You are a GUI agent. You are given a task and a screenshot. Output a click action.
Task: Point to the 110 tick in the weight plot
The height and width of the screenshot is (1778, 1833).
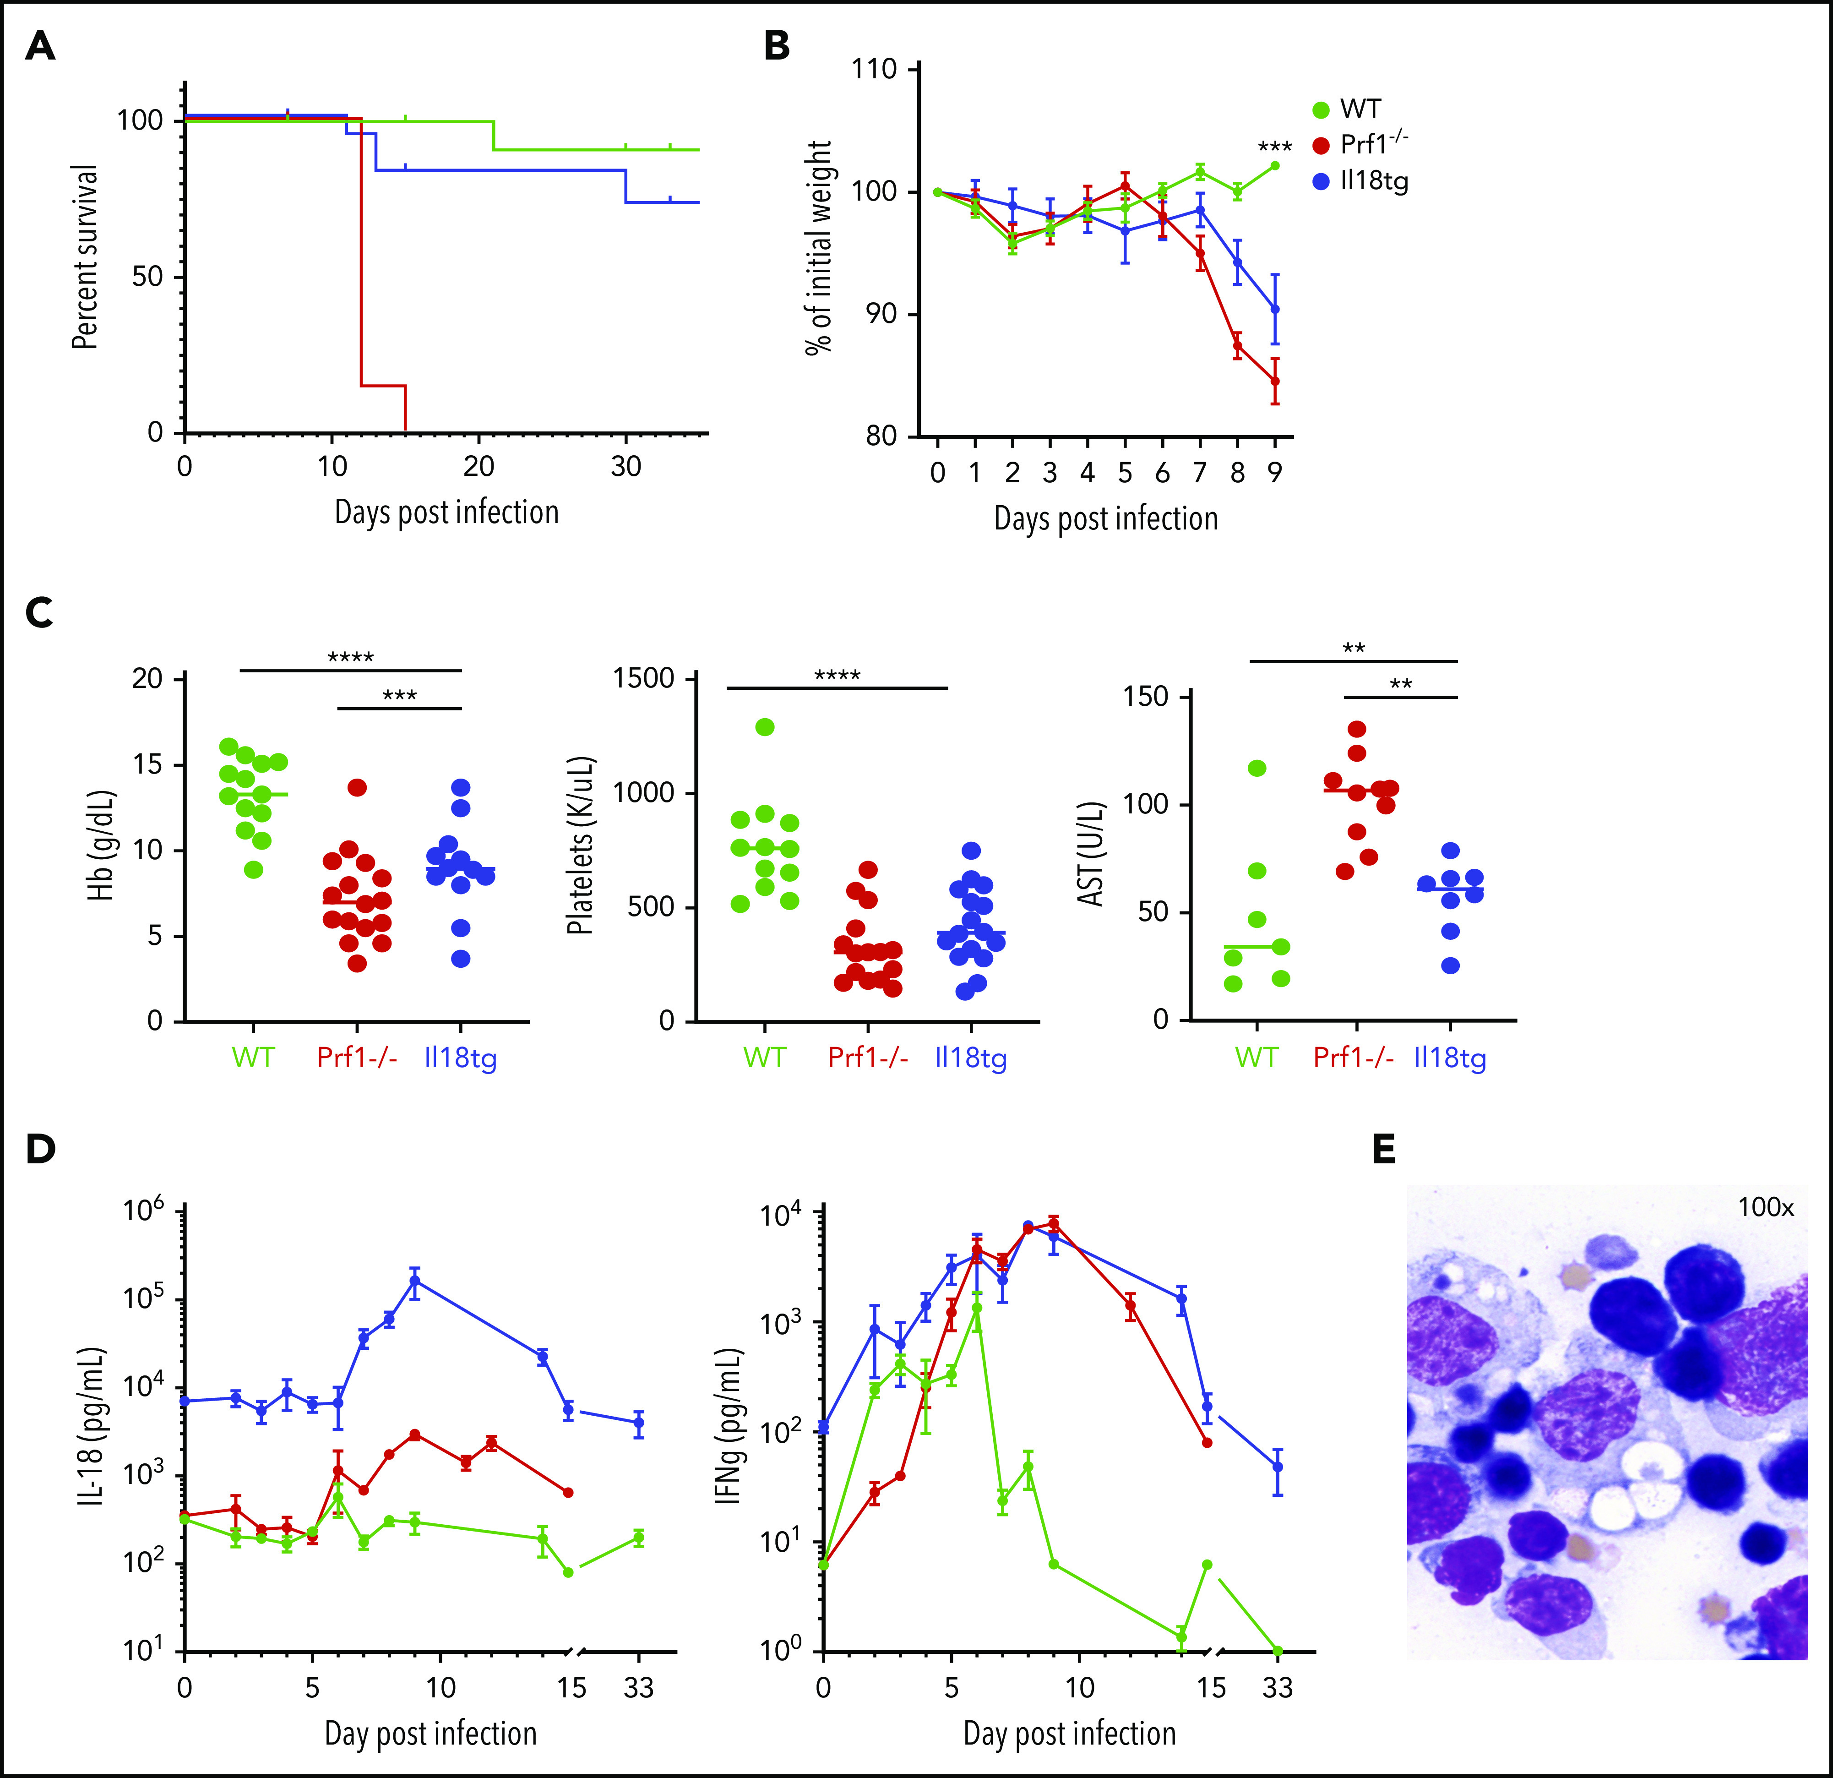875,69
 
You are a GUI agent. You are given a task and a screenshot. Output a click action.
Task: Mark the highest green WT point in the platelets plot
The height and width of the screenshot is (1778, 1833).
765,727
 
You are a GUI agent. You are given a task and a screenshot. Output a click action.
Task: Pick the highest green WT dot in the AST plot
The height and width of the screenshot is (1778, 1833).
1257,768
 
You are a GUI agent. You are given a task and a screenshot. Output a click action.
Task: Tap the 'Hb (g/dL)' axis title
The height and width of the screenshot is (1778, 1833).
101,846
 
